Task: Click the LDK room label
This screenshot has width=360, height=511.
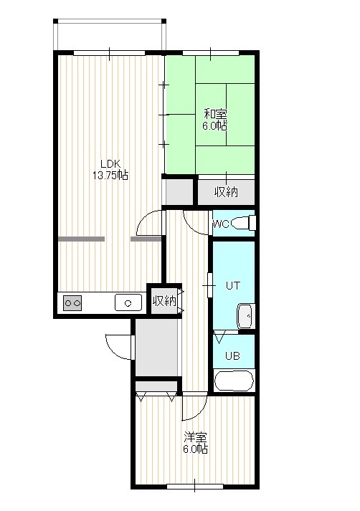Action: pyautogui.click(x=110, y=163)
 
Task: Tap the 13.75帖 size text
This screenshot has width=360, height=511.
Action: pyautogui.click(x=110, y=176)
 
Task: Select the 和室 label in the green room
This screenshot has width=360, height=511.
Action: pyautogui.click(x=215, y=114)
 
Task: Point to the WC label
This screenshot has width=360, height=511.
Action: pyautogui.click(x=221, y=224)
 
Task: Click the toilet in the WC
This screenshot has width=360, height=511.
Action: pyautogui.click(x=243, y=223)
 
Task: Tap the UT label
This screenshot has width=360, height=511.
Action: pyautogui.click(x=233, y=286)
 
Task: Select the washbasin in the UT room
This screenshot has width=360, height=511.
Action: pyautogui.click(x=246, y=316)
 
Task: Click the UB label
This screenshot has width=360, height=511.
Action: pyautogui.click(x=232, y=356)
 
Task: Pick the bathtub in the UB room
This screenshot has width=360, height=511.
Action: pyautogui.click(x=234, y=381)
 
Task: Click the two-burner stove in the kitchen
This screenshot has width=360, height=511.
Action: pyautogui.click(x=72, y=303)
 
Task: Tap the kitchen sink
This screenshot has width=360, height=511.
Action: pyautogui.click(x=128, y=302)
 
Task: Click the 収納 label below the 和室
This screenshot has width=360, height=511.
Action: pyautogui.click(x=227, y=192)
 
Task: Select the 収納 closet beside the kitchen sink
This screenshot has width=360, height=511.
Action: pyautogui.click(x=165, y=300)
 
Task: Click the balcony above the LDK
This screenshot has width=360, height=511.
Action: pyautogui.click(x=110, y=35)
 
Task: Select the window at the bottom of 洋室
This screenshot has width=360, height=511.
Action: pyautogui.click(x=194, y=486)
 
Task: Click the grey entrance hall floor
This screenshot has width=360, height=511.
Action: pyautogui.click(x=156, y=348)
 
